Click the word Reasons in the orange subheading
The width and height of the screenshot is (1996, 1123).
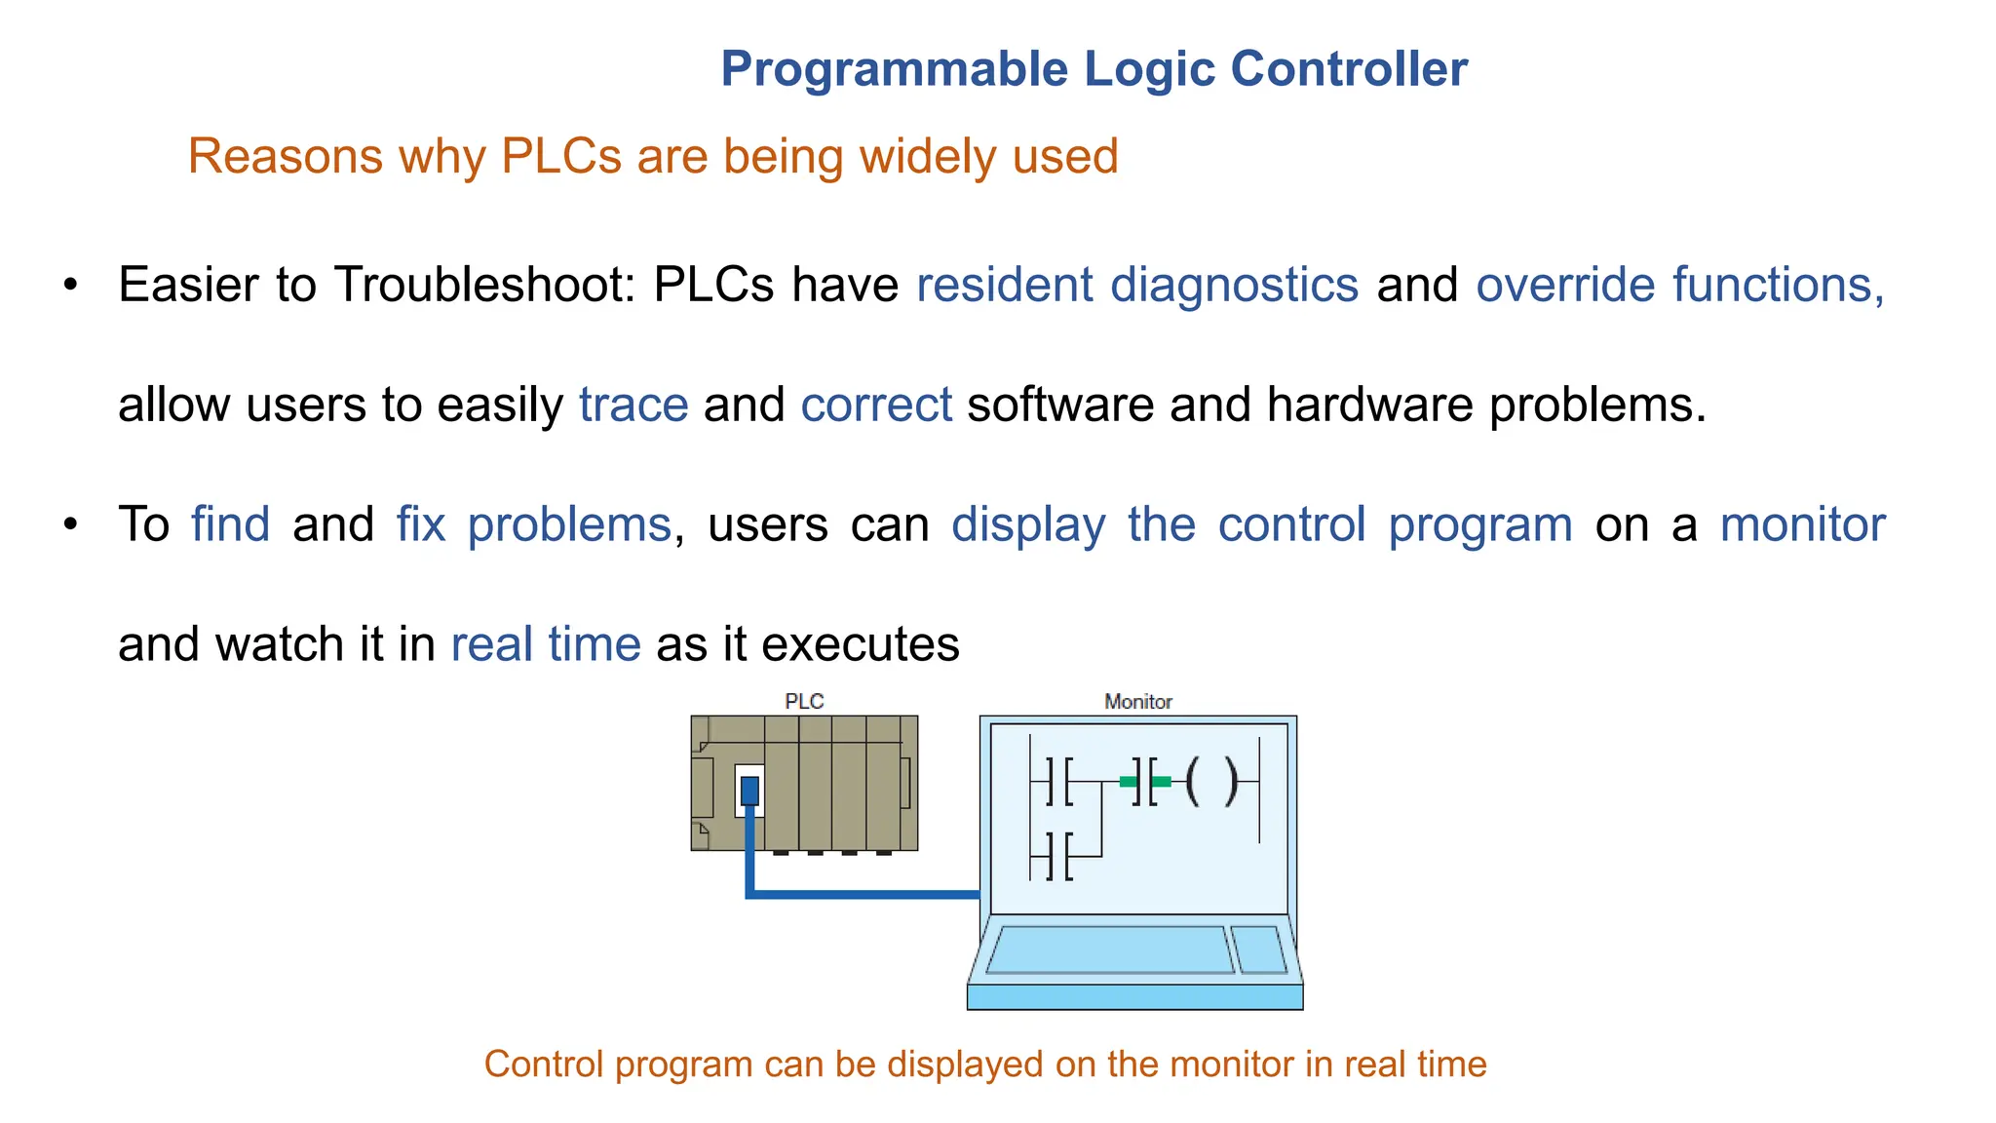click(x=285, y=156)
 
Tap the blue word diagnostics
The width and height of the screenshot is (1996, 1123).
click(x=1234, y=285)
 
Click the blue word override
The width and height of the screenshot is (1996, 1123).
click(x=1565, y=285)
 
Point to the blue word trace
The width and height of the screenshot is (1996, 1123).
click(x=633, y=405)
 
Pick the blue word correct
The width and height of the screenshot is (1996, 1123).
click(x=876, y=405)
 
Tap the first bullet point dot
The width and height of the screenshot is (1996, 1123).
click(x=70, y=286)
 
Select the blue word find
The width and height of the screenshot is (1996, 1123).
click(x=230, y=524)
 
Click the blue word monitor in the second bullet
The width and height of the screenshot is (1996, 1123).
click(x=1802, y=524)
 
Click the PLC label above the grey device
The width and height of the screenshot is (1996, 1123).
click(x=804, y=701)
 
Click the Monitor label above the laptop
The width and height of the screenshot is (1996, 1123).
click(x=1137, y=701)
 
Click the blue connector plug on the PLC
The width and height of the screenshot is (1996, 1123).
click(x=749, y=790)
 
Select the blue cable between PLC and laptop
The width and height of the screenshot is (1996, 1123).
click(x=863, y=893)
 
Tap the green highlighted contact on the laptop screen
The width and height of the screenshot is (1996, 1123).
click(x=1145, y=782)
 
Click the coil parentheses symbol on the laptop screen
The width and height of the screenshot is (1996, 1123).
click(x=1211, y=781)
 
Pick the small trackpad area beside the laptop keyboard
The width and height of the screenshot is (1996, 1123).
click(x=1259, y=949)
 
